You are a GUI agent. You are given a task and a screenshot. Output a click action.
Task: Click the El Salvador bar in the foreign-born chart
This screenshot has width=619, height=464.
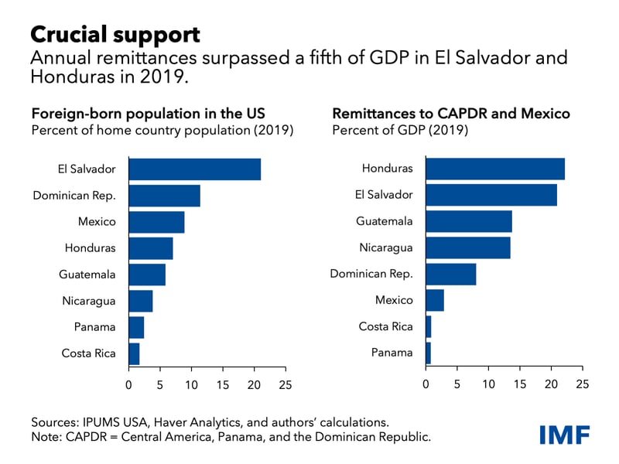click(194, 169)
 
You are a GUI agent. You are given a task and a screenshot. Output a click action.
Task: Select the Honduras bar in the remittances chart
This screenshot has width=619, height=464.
click(495, 169)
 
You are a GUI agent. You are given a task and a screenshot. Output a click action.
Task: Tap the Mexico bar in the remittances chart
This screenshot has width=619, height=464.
click(435, 300)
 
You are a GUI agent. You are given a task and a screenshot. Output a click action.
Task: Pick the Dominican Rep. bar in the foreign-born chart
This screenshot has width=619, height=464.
click(164, 196)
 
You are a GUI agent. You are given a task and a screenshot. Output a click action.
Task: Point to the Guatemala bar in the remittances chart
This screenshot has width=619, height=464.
click(469, 221)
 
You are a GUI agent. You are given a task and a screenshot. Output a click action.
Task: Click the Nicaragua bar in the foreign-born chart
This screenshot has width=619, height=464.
click(141, 301)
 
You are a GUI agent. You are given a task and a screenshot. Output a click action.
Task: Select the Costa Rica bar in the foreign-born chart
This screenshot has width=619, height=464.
click(134, 353)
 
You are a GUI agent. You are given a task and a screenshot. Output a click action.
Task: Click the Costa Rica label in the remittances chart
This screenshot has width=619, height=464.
click(385, 327)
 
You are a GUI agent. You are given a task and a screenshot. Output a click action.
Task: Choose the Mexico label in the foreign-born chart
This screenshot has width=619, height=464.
click(97, 222)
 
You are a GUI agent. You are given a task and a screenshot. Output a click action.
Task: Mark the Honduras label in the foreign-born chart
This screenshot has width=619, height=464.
click(91, 248)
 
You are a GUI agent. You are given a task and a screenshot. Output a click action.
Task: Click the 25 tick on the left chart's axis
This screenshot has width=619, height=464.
click(286, 384)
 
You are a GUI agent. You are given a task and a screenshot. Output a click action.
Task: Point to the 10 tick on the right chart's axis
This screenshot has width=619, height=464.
click(488, 384)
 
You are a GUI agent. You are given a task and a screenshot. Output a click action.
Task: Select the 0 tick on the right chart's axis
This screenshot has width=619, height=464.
click(426, 384)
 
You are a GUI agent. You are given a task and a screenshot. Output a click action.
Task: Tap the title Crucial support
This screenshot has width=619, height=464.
click(115, 34)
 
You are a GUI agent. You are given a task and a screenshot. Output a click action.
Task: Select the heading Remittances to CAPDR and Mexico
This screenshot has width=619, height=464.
click(451, 114)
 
